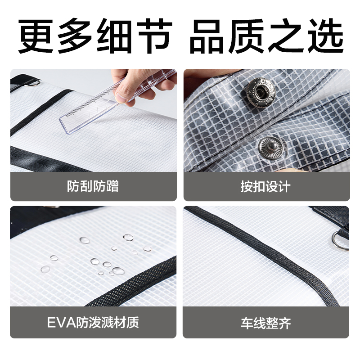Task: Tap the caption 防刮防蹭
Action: [93, 186]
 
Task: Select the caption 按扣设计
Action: [265, 186]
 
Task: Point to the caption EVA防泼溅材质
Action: [93, 322]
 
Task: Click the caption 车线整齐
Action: [265, 322]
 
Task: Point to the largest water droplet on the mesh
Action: [118, 270]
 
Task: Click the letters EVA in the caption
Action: [58, 322]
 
